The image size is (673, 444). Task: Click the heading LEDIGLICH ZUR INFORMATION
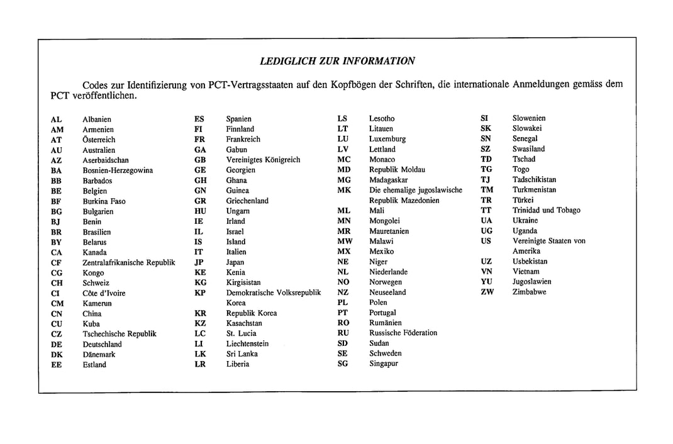pos(337,61)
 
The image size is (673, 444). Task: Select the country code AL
pos(56,119)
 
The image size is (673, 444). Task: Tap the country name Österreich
pos(99,140)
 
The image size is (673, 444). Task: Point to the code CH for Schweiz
pos(57,283)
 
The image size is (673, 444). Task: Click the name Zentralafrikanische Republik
pos(129,262)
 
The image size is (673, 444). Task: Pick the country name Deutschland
pos(102,345)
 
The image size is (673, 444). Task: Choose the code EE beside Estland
pos(57,365)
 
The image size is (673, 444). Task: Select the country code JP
pos(199,262)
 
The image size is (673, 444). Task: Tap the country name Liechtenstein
pos(247,344)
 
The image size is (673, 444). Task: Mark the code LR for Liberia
pos(200,364)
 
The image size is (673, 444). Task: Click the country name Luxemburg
pos(387,139)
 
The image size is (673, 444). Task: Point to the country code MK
pos(344,190)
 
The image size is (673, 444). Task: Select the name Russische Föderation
pos(403,333)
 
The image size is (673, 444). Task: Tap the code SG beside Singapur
pos(343,364)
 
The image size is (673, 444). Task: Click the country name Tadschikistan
pos(534,179)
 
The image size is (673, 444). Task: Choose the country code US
pos(486,241)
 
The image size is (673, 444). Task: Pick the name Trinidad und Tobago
pos(546,210)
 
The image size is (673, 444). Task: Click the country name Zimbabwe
pos(529,292)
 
